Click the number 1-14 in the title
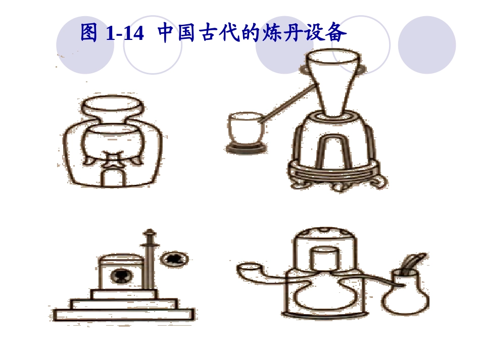pyautogui.click(x=125, y=34)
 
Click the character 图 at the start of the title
pyautogui.click(x=89, y=33)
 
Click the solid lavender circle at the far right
pyautogui.click(x=426, y=45)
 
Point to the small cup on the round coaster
pyautogui.click(x=245, y=130)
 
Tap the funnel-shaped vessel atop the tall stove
pyautogui.click(x=332, y=81)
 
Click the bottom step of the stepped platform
pyautogui.click(x=123, y=315)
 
